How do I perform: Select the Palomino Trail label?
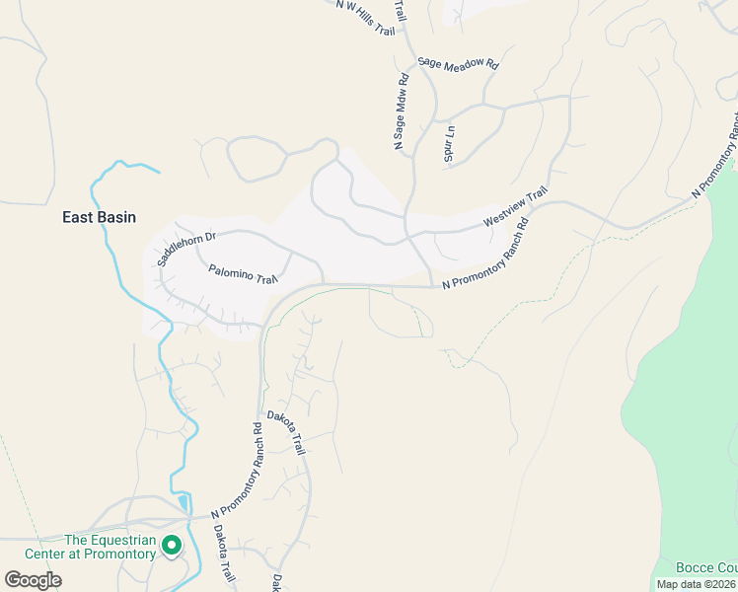click(x=244, y=273)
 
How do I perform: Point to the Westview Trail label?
click(x=515, y=209)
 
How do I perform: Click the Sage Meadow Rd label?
click(x=459, y=62)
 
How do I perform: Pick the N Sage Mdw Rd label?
click(x=403, y=113)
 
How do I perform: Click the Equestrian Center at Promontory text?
click(x=110, y=547)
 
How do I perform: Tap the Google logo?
click(x=33, y=580)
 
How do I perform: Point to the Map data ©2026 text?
click(x=697, y=584)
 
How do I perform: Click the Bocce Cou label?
click(x=706, y=568)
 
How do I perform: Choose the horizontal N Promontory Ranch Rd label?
click(x=486, y=254)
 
